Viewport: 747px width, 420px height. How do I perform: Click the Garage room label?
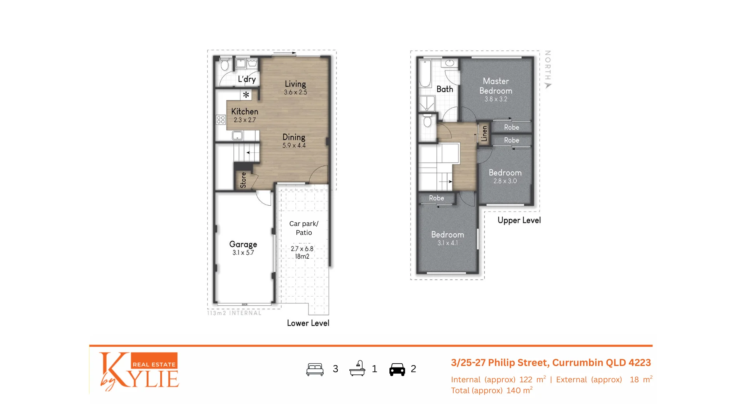pyautogui.click(x=243, y=244)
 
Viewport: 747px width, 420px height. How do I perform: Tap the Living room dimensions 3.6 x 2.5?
pyautogui.click(x=295, y=93)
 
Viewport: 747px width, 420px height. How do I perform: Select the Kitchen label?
pyautogui.click(x=244, y=112)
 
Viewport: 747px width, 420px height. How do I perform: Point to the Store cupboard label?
pyautogui.click(x=244, y=180)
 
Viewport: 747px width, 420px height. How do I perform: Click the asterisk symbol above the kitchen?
pyautogui.click(x=246, y=94)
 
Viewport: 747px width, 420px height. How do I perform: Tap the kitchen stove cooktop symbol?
pyautogui.click(x=221, y=120)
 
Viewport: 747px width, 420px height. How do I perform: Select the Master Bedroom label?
pyautogui.click(x=496, y=86)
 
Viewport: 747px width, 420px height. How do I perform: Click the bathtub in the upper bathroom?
pyautogui.click(x=424, y=73)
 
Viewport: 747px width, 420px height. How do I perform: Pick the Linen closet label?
pyautogui.click(x=484, y=133)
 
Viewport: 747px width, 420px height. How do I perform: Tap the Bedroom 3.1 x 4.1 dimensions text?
pyautogui.click(x=447, y=243)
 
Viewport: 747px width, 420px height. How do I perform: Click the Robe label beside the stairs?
pyautogui.click(x=437, y=198)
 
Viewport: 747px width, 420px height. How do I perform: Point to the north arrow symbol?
pyautogui.click(x=548, y=86)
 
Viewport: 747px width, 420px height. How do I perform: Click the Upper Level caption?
pyautogui.click(x=519, y=220)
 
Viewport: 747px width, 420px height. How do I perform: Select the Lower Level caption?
pyautogui.click(x=308, y=323)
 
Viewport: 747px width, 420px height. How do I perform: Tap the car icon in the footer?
pyautogui.click(x=397, y=369)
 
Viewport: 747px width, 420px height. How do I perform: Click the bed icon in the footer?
pyautogui.click(x=315, y=369)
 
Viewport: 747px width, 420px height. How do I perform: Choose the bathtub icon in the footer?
pyautogui.click(x=357, y=368)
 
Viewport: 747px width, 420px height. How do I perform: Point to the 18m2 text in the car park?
pyautogui.click(x=302, y=257)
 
